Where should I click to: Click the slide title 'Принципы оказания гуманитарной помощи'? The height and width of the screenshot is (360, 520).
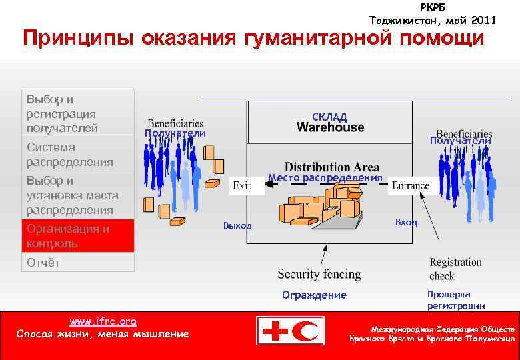point(253,39)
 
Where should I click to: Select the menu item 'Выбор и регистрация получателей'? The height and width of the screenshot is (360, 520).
point(78,113)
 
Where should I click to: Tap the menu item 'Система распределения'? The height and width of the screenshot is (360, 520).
point(78,155)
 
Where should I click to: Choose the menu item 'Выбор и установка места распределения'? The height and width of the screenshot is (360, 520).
point(78,195)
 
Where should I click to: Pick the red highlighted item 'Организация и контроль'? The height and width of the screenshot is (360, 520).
point(78,236)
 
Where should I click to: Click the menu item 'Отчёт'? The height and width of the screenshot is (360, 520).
point(78,262)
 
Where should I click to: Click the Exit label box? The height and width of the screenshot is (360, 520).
point(241,185)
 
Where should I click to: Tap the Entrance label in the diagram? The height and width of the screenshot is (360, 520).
point(411,185)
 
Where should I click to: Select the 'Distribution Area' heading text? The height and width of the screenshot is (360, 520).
point(331,167)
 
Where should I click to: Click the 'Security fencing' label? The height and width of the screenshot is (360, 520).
point(319,274)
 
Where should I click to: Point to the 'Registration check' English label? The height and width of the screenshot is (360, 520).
point(455,269)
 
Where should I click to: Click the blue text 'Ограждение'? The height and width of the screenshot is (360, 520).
point(314,295)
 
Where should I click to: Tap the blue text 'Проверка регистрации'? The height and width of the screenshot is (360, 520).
point(456,300)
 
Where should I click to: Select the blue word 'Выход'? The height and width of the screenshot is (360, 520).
point(238,225)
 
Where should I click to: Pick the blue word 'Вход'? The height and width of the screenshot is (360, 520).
point(406,222)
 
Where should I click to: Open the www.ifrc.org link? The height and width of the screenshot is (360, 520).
point(103,321)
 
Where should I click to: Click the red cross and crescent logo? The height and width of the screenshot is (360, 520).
point(291,331)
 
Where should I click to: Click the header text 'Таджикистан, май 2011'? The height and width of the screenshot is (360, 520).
point(433,20)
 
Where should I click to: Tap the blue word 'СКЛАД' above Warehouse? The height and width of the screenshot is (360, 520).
point(329,117)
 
